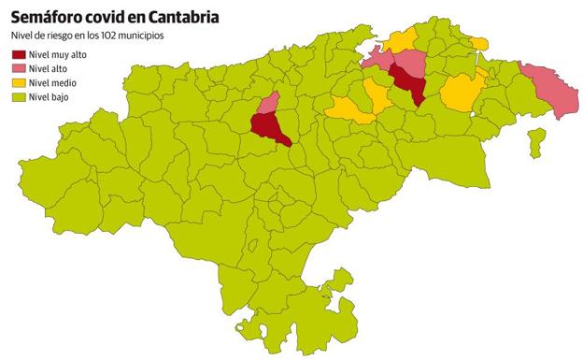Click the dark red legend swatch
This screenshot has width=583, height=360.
pos(17,55)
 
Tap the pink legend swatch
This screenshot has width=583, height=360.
pos(17,69)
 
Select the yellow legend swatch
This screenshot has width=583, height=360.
pos(17,83)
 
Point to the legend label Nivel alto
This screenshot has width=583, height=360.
pos(49,69)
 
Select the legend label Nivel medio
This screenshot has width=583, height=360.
pos(51,83)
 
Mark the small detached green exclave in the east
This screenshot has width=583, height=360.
pos(536,141)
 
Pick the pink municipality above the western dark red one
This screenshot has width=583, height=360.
pos(269,102)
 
